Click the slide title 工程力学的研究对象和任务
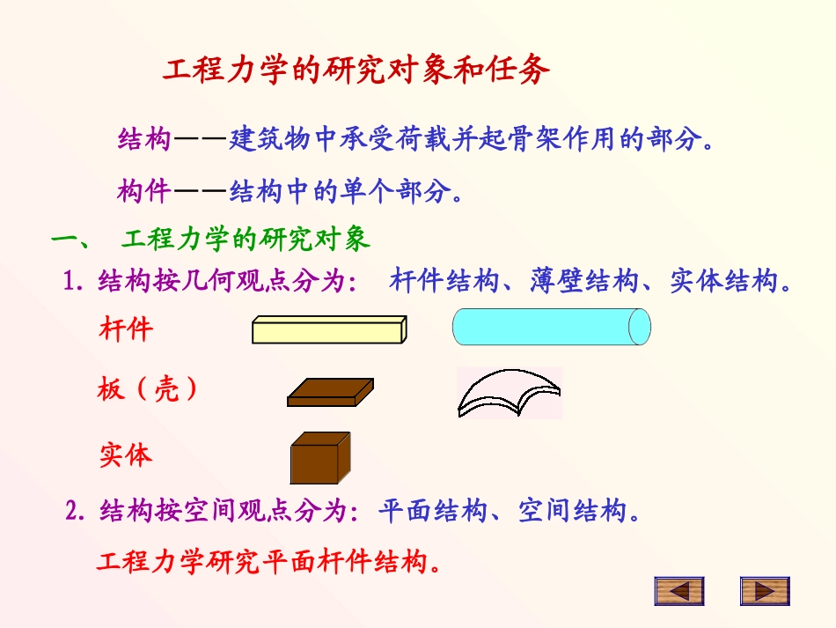[x=356, y=70]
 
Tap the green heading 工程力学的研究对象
[x=246, y=239]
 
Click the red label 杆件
[x=126, y=330]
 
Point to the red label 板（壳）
[x=147, y=388]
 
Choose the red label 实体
[x=126, y=455]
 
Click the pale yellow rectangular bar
[x=329, y=329]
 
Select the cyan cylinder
[x=546, y=328]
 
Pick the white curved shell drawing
[x=508, y=393]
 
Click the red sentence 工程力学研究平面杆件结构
[x=268, y=561]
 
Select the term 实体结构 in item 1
[x=723, y=282]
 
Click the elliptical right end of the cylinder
[x=640, y=328]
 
